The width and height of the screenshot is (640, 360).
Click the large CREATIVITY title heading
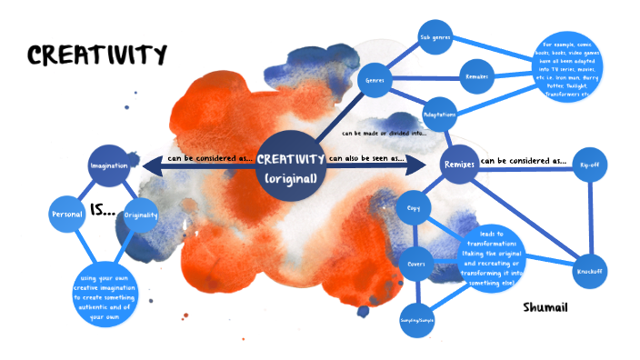(x=97, y=55)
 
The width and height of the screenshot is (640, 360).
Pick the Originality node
(x=141, y=215)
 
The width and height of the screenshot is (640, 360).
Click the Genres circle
(x=375, y=80)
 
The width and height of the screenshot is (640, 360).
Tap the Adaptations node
(x=439, y=115)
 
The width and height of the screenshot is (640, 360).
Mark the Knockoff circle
(x=589, y=271)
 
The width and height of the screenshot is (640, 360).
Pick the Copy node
(x=413, y=209)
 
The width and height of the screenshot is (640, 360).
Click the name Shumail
(x=545, y=308)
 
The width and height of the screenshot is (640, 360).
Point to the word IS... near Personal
(x=103, y=211)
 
